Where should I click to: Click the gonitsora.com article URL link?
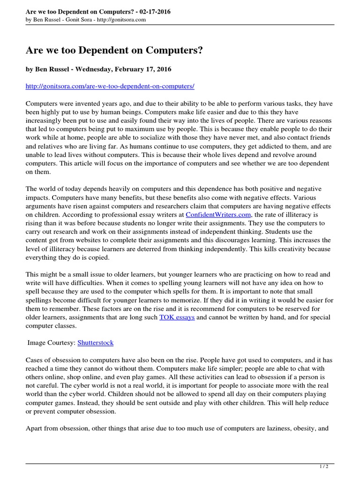110,87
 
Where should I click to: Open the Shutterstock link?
95,343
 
